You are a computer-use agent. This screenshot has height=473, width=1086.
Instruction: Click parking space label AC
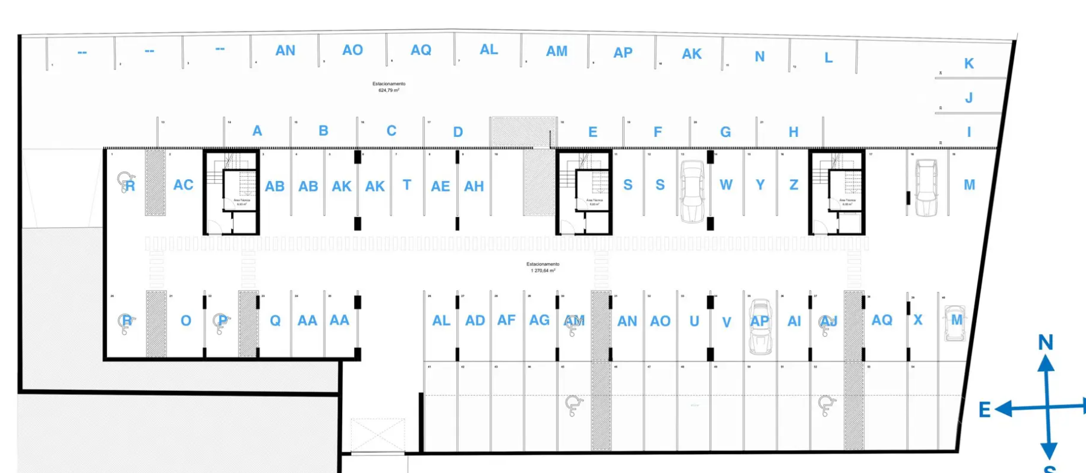pyautogui.click(x=183, y=185)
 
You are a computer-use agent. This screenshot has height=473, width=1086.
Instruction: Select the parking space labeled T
pyautogui.click(x=407, y=185)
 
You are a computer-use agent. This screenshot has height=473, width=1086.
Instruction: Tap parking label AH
pyautogui.click(x=474, y=186)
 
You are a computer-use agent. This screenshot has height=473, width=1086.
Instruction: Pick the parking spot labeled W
pyautogui.click(x=726, y=185)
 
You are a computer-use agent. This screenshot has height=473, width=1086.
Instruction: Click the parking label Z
pyautogui.click(x=793, y=185)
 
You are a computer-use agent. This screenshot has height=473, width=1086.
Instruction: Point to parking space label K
pyautogui.click(x=968, y=63)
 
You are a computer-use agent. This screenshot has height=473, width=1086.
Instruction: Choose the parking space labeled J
pyautogui.click(x=968, y=98)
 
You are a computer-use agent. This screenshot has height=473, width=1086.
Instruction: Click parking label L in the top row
pyautogui.click(x=828, y=58)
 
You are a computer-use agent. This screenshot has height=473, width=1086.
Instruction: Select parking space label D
pyautogui.click(x=458, y=132)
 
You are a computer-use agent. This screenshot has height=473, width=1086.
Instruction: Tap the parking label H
pyautogui.click(x=793, y=132)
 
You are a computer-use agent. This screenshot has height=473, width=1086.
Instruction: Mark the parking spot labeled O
pyautogui.click(x=186, y=320)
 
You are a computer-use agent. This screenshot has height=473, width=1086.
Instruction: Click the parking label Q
pyautogui.click(x=275, y=320)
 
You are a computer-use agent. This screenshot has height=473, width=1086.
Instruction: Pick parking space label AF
pyautogui.click(x=506, y=320)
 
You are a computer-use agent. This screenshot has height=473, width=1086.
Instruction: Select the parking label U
pyautogui.click(x=694, y=321)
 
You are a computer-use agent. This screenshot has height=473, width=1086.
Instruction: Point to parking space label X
pyautogui.click(x=918, y=320)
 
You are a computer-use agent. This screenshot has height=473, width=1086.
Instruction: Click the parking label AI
pyautogui.click(x=794, y=321)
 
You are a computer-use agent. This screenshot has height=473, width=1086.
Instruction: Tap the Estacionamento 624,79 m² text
pyautogui.click(x=389, y=87)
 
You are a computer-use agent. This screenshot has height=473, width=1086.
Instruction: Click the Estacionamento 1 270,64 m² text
pyautogui.click(x=542, y=267)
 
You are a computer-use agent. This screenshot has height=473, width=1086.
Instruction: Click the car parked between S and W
pyautogui.click(x=693, y=192)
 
